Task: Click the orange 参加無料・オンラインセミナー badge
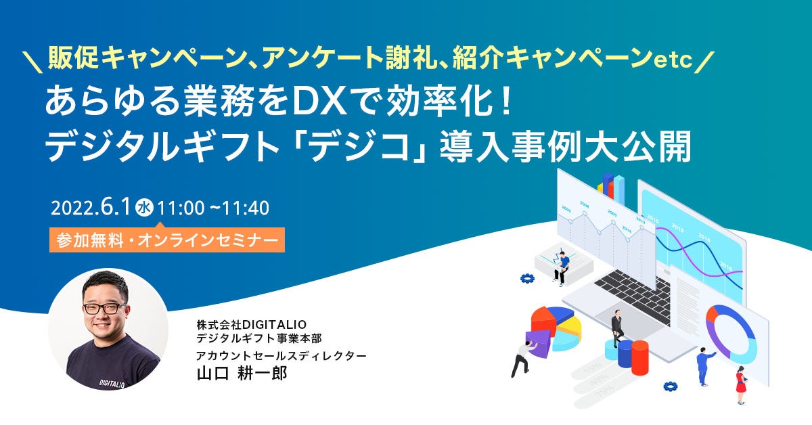(x=166, y=239)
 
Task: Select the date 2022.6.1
(x=89, y=208)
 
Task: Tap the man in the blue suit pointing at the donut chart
(x=704, y=363)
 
